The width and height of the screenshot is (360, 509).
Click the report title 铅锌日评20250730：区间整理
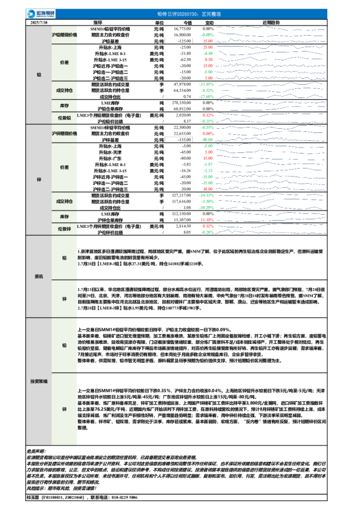[x=180, y=13]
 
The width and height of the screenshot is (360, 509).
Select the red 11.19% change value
[x=208, y=219]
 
